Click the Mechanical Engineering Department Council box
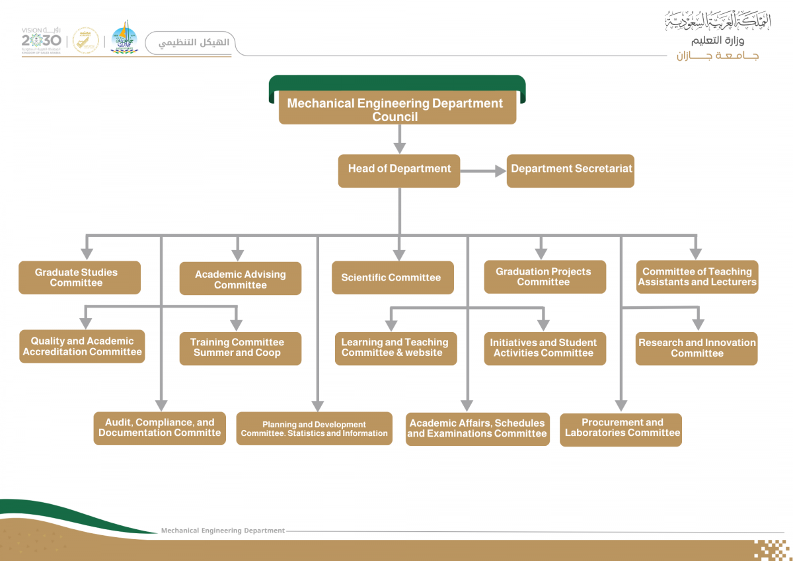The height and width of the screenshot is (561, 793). pyautogui.click(x=397, y=109)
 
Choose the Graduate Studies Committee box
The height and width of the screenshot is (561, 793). pyautogui.click(x=79, y=278)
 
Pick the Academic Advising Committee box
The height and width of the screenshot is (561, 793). pyautogui.click(x=241, y=279)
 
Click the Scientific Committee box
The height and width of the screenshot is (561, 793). pyautogui.click(x=392, y=278)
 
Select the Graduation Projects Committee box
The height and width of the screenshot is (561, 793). pyautogui.click(x=545, y=277)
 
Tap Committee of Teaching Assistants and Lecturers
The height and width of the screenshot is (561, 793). pyautogui.click(x=697, y=277)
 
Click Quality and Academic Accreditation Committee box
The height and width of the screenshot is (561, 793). pyautogui.click(x=82, y=347)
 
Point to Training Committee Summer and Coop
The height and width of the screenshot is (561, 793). pyautogui.click(x=240, y=348)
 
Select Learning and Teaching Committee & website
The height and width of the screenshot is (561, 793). pyautogui.click(x=395, y=348)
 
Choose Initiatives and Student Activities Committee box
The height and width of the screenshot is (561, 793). pyautogui.click(x=545, y=348)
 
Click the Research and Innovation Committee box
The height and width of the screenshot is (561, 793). pyautogui.click(x=697, y=348)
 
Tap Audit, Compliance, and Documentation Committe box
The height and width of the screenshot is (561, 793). pyautogui.click(x=159, y=428)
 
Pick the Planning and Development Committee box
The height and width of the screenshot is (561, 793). pyautogui.click(x=314, y=429)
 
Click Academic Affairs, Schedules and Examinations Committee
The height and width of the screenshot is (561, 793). pyautogui.click(x=477, y=429)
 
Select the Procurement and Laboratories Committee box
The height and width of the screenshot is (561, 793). pyautogui.click(x=621, y=429)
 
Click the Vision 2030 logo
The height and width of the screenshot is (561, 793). pyautogui.click(x=41, y=40)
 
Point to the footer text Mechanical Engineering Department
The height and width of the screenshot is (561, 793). pyautogui.click(x=223, y=531)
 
